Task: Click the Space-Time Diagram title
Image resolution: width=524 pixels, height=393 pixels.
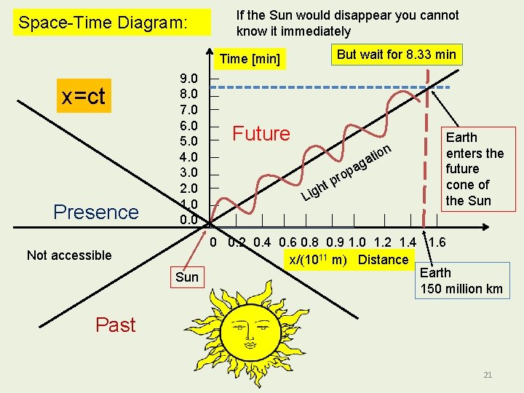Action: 103,23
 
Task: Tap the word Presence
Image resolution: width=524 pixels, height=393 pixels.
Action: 96,212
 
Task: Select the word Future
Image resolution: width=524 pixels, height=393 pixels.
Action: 261,133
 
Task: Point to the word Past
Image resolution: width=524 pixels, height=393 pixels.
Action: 116,325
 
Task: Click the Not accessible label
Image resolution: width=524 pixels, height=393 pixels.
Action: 69,255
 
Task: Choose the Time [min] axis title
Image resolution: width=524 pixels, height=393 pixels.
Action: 250,59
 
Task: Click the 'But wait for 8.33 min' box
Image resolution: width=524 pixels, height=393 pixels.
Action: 397,55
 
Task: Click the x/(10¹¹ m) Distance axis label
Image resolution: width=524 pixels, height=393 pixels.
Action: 348,260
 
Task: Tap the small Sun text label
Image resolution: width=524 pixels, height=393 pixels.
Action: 187,277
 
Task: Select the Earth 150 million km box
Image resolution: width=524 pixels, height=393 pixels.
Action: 461,281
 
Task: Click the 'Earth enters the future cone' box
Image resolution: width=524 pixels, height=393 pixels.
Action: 474,169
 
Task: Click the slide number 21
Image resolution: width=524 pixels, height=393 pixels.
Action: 488,375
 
